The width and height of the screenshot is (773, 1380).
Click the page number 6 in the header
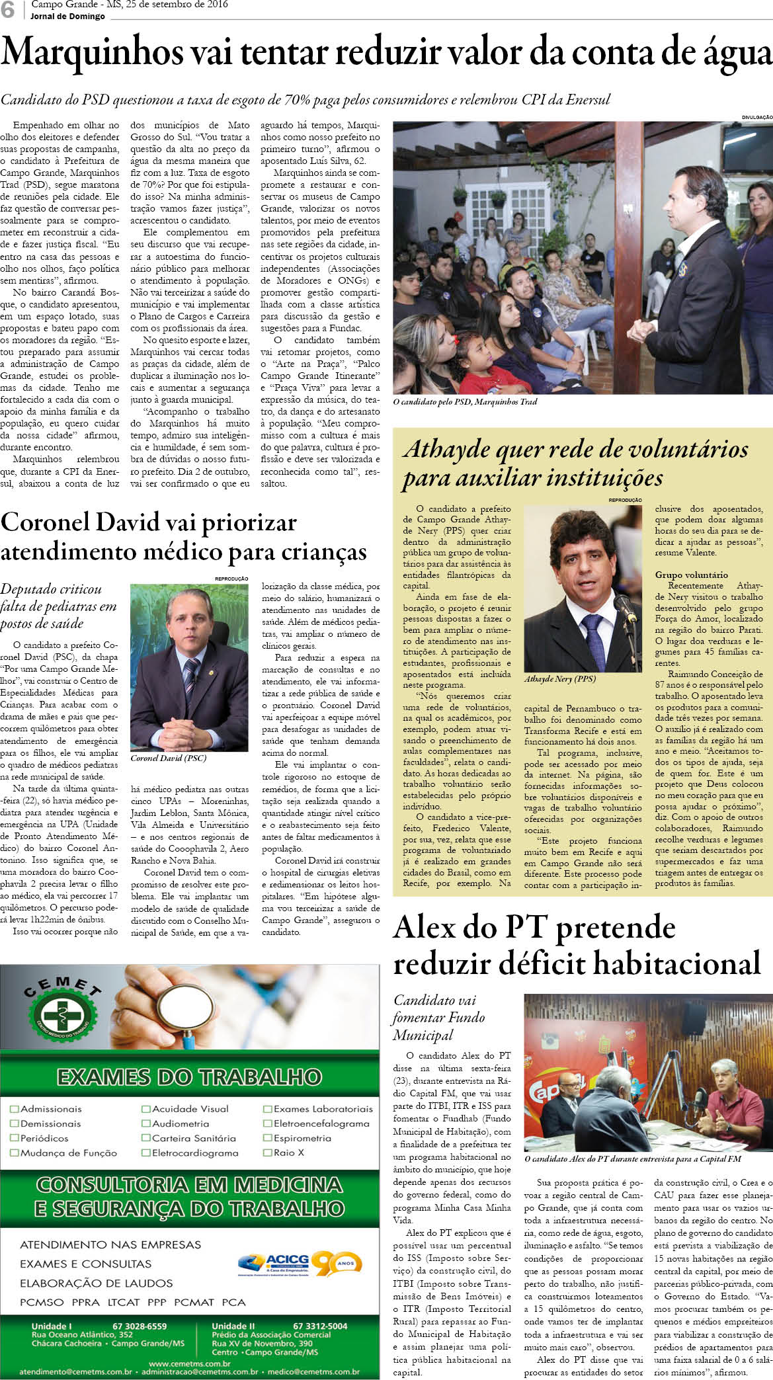pyautogui.click(x=8, y=10)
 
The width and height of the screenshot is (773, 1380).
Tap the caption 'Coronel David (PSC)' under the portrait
pyautogui.click(x=168, y=758)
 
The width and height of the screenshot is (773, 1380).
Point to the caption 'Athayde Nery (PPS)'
pyautogui.click(x=559, y=678)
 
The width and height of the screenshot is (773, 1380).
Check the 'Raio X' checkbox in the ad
pyautogui.click(x=268, y=1153)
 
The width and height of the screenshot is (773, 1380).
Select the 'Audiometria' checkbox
pyautogui.click(x=145, y=1123)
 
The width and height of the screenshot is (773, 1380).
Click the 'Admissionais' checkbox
pyautogui.click(x=14, y=1109)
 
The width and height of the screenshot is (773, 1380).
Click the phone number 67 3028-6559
pyautogui.click(x=140, y=1326)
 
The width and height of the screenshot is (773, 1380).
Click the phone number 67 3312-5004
pyautogui.click(x=319, y=1326)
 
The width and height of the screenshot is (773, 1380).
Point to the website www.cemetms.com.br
pyautogui.click(x=189, y=1363)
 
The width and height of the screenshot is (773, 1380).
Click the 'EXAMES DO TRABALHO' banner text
pyautogui.click(x=189, y=1077)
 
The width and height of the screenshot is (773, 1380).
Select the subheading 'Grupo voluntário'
pyautogui.click(x=691, y=575)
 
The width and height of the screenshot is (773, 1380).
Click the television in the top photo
pyautogui.click(x=746, y=147)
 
